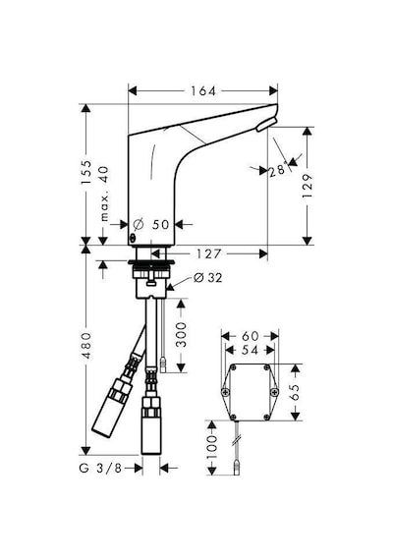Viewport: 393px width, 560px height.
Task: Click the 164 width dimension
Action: click(203, 91)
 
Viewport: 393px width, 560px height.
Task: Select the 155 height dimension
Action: click(86, 173)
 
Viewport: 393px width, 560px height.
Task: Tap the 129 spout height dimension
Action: click(308, 186)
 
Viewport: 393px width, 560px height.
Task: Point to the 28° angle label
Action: click(278, 169)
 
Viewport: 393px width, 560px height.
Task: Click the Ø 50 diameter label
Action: click(150, 225)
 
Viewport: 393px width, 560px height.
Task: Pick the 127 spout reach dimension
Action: click(209, 253)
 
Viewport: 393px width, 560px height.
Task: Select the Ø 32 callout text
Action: click(207, 277)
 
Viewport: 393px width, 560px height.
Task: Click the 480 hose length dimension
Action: click(86, 346)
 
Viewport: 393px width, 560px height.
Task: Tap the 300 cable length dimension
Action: click(181, 335)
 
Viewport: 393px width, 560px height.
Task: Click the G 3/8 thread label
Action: click(100, 469)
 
